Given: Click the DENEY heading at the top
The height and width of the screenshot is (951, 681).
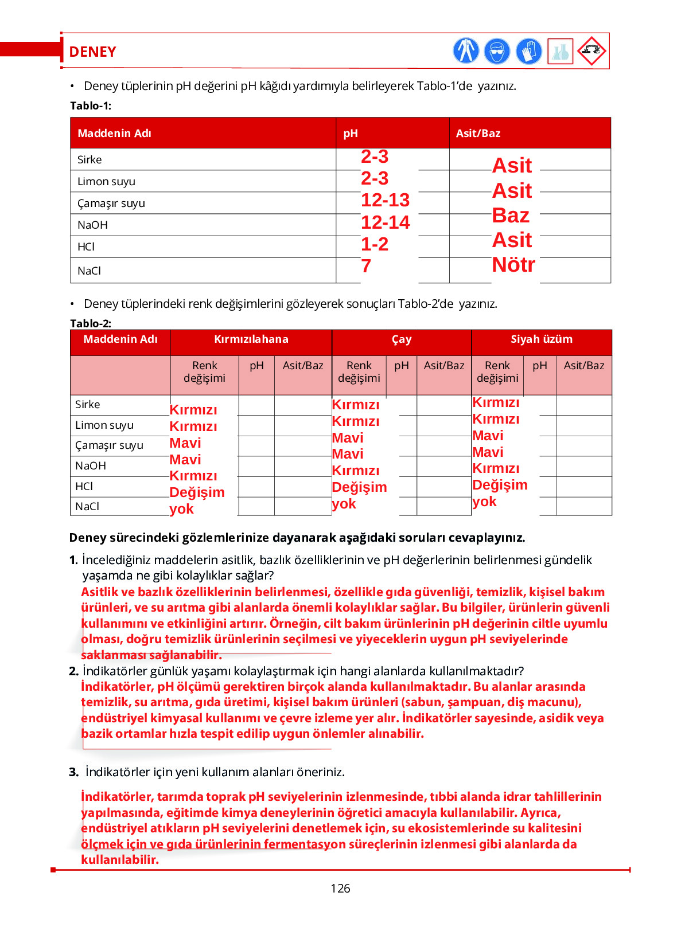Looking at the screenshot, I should click(92, 52).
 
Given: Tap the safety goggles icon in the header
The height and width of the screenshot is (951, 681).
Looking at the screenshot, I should click(497, 51).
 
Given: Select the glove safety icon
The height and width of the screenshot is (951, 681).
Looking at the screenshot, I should click(528, 51).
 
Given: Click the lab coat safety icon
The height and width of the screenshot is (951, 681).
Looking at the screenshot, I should click(465, 50).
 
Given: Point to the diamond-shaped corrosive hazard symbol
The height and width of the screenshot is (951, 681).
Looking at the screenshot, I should click(592, 51).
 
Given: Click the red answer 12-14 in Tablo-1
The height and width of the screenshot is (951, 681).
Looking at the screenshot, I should click(385, 222).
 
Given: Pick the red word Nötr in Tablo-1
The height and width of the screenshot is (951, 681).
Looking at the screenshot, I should click(513, 265).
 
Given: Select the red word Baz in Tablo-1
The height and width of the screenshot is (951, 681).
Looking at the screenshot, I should click(510, 216).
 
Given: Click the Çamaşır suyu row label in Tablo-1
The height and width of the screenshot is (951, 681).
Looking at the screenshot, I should click(111, 203).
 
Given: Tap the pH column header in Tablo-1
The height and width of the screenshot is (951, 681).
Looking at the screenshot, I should click(351, 134).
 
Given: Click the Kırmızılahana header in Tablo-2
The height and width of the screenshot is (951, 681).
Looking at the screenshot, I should click(251, 339).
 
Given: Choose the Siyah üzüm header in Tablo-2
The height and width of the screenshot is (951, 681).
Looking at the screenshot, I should click(541, 339).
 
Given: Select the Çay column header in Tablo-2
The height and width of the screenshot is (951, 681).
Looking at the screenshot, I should click(401, 339).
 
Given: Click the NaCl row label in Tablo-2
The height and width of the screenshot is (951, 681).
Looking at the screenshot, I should click(87, 507).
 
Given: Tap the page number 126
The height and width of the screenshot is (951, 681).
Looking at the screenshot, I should click(340, 889).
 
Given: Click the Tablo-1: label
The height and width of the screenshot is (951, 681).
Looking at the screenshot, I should click(91, 106).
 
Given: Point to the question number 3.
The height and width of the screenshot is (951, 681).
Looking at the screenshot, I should click(73, 772).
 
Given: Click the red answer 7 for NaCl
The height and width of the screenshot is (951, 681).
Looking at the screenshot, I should click(366, 266).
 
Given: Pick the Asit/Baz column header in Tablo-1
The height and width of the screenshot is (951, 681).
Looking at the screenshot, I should click(478, 134).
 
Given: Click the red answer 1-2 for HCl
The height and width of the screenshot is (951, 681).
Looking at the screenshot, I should click(374, 244).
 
